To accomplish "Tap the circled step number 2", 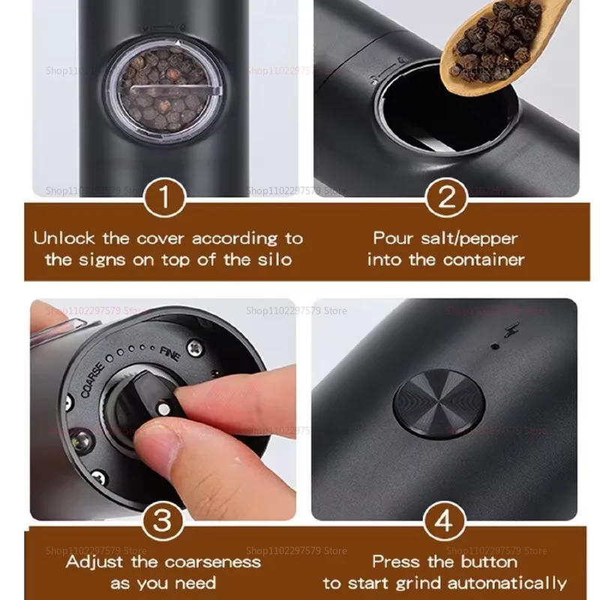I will click(x=447, y=200).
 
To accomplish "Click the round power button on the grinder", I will click(x=439, y=401).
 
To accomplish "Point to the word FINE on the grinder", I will click(x=169, y=352).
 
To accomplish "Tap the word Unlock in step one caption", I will click(x=64, y=239).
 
